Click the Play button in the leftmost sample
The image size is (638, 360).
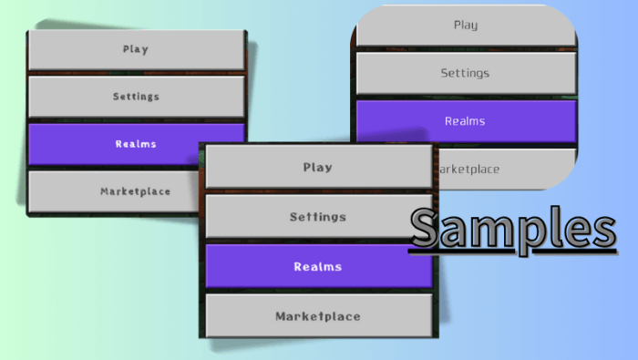pos(136,50)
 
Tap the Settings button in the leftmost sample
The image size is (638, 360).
pos(136,96)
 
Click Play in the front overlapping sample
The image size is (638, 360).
pos(317,168)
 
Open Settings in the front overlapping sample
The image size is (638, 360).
pos(317,217)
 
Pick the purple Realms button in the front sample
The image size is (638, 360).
pos(317,266)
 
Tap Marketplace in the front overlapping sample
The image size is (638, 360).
pos(317,316)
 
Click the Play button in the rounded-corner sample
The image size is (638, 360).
pos(465,25)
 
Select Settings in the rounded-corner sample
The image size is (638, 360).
pos(465,73)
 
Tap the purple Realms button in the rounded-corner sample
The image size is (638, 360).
pos(465,120)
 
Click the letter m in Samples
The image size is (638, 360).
pos(499,233)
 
